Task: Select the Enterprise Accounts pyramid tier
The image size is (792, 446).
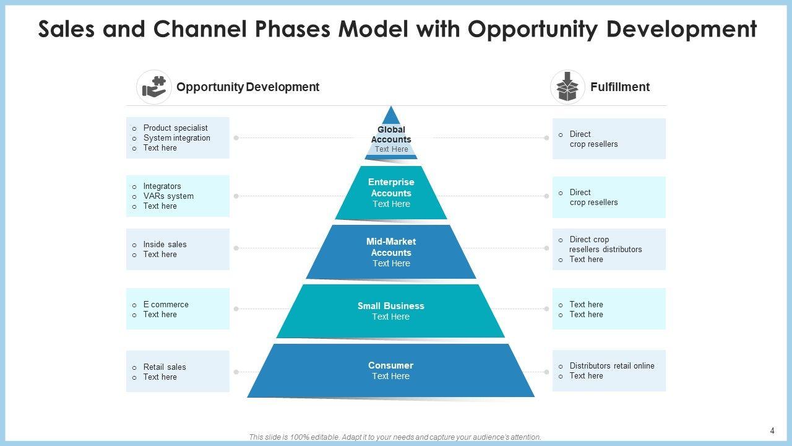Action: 391,193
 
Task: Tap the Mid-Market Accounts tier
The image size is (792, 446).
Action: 391,251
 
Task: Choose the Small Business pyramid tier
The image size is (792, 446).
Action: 391,311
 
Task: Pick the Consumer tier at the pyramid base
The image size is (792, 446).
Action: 391,370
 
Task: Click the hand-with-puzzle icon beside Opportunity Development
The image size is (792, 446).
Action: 154,87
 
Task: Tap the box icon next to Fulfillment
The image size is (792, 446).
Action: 567,87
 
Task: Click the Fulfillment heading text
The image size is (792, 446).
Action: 619,87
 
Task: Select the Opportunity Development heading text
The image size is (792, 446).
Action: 247,87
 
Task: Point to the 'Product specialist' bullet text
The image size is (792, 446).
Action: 176,128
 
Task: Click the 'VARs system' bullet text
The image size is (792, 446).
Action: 168,196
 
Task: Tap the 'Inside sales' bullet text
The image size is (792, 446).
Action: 165,245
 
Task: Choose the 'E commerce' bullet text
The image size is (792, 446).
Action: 166,305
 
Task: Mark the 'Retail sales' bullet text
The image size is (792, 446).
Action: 165,367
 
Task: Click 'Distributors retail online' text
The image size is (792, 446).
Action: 612,366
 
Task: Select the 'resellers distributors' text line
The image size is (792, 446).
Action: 606,250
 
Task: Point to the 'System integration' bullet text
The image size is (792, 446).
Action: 177,138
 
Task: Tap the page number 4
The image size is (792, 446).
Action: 772,431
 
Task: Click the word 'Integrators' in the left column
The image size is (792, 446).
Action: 162,186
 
